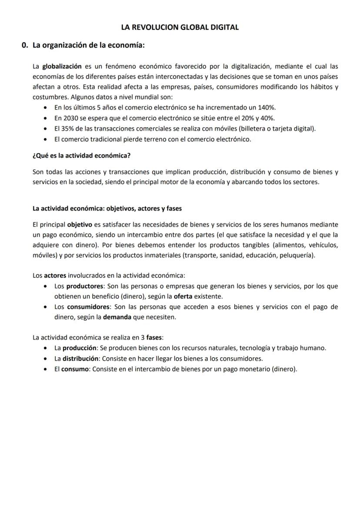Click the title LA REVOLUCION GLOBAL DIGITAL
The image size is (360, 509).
point(180,27)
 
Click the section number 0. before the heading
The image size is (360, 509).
point(25,45)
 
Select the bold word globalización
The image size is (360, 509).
point(62,67)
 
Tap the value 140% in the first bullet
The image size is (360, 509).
point(267,107)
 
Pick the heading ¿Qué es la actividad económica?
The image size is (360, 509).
point(82,155)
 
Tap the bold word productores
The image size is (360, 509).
point(84,286)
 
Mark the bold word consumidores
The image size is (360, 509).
point(88,307)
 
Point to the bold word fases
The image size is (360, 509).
point(154,338)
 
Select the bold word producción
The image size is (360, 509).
point(80,348)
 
